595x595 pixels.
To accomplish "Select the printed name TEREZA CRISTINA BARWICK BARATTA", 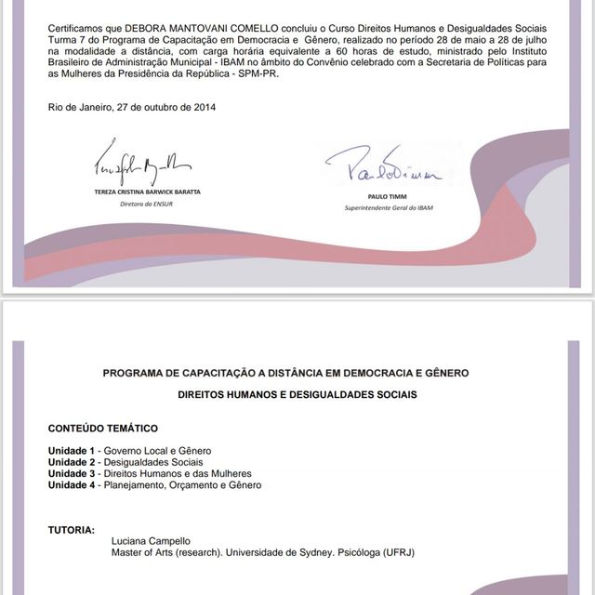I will point(147,192).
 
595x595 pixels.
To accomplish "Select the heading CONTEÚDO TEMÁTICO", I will point(103,429).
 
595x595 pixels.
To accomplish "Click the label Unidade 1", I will point(73,451).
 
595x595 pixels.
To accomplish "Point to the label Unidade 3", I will point(73,473).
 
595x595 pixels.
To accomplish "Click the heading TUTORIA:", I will point(71,530).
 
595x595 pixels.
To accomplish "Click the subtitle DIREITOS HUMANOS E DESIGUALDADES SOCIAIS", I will point(297,395).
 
